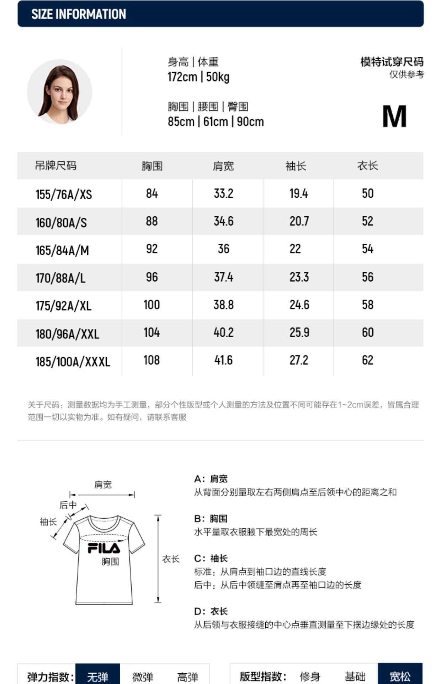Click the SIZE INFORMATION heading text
pyautogui.click(x=79, y=14)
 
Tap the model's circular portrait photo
pyautogui.click(x=59, y=92)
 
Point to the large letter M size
pyautogui.click(x=394, y=116)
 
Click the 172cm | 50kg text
pyautogui.click(x=198, y=77)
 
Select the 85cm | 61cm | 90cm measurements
pyautogui.click(x=216, y=122)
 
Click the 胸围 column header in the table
pyautogui.click(x=152, y=166)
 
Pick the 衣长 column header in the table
pyautogui.click(x=367, y=166)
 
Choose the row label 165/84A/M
pyautogui.click(x=62, y=250)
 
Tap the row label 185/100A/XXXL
pyautogui.click(x=73, y=362)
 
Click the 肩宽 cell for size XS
pyautogui.click(x=223, y=193)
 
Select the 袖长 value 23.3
pyautogui.click(x=299, y=277)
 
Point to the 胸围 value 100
pyautogui.click(x=152, y=305)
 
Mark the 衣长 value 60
pyautogui.click(x=367, y=332)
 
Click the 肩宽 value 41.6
pyautogui.click(x=223, y=360)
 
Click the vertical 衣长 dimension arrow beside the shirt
pyautogui.click(x=158, y=559)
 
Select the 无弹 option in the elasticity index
pyautogui.click(x=97, y=676)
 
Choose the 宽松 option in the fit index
pyautogui.click(x=400, y=676)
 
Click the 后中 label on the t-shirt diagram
pyautogui.click(x=68, y=505)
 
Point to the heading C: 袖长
pyautogui.click(x=211, y=558)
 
